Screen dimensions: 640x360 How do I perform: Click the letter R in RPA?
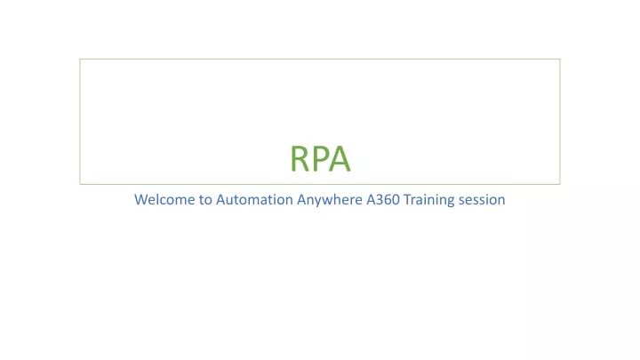[300, 159]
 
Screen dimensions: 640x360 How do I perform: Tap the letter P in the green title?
[320, 159]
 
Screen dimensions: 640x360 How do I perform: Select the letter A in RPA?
[340, 159]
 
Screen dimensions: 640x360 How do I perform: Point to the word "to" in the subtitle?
[205, 200]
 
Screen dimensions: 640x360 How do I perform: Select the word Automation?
[254, 200]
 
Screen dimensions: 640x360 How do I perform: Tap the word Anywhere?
[330, 200]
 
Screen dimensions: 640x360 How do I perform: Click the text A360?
[383, 200]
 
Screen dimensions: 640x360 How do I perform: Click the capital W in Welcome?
[141, 200]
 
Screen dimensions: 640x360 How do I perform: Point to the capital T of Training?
[407, 200]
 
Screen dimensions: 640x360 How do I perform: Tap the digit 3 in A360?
[380, 200]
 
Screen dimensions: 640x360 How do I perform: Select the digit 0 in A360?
[396, 200]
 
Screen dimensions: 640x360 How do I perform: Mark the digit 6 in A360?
[388, 200]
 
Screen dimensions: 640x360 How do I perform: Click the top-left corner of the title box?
[80, 60]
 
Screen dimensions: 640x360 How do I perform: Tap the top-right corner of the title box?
[560, 60]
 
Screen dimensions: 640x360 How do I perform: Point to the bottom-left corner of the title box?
[80, 184]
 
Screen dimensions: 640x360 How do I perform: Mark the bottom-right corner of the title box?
[560, 184]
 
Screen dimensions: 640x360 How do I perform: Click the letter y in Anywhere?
[316, 202]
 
